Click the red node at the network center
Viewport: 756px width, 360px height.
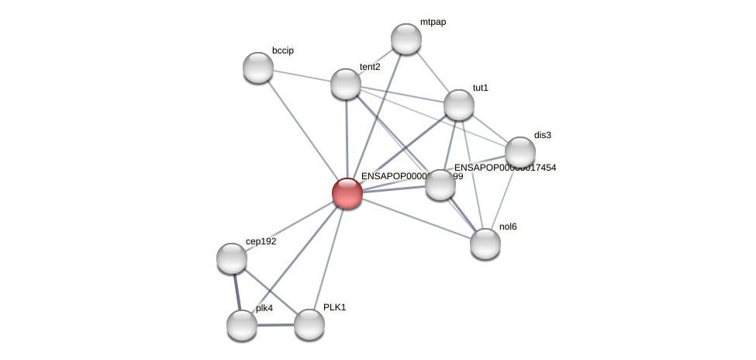[347, 193]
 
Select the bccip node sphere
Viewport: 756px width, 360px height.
[258, 67]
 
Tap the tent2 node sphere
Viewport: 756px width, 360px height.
[346, 84]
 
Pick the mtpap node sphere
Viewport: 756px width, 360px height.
[406, 39]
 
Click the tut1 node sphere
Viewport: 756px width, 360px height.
[459, 105]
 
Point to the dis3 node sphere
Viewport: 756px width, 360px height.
[520, 152]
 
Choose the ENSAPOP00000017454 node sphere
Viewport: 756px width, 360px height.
[440, 185]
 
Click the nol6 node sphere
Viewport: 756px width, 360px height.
[485, 244]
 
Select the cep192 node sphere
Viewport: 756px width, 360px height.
[232, 258]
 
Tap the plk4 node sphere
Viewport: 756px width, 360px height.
[242, 325]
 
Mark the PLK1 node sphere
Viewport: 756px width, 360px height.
[309, 324]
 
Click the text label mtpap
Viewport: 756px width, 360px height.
[433, 22]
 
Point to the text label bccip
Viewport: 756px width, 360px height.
[283, 50]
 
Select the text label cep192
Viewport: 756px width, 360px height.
[261, 241]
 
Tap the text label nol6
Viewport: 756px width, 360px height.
[508, 227]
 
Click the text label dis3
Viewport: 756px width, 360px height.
[543, 135]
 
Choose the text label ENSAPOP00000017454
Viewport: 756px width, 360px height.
[505, 168]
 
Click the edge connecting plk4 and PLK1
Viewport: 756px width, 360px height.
[275, 325]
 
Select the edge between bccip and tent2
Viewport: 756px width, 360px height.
[302, 75]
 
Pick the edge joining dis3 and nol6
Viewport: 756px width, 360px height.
[503, 198]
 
